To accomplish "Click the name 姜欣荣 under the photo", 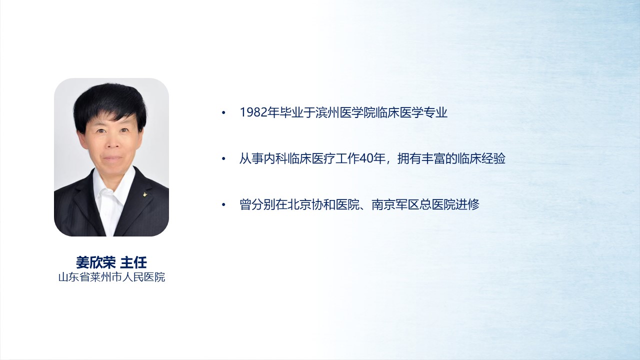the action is [95, 262].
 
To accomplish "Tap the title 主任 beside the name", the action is [133, 262].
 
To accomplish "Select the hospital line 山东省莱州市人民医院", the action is [111, 277].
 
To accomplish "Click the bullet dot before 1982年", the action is [223, 113].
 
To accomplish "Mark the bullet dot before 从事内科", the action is [223, 159].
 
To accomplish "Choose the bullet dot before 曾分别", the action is [223, 205].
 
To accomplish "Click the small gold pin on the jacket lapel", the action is [145, 194].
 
